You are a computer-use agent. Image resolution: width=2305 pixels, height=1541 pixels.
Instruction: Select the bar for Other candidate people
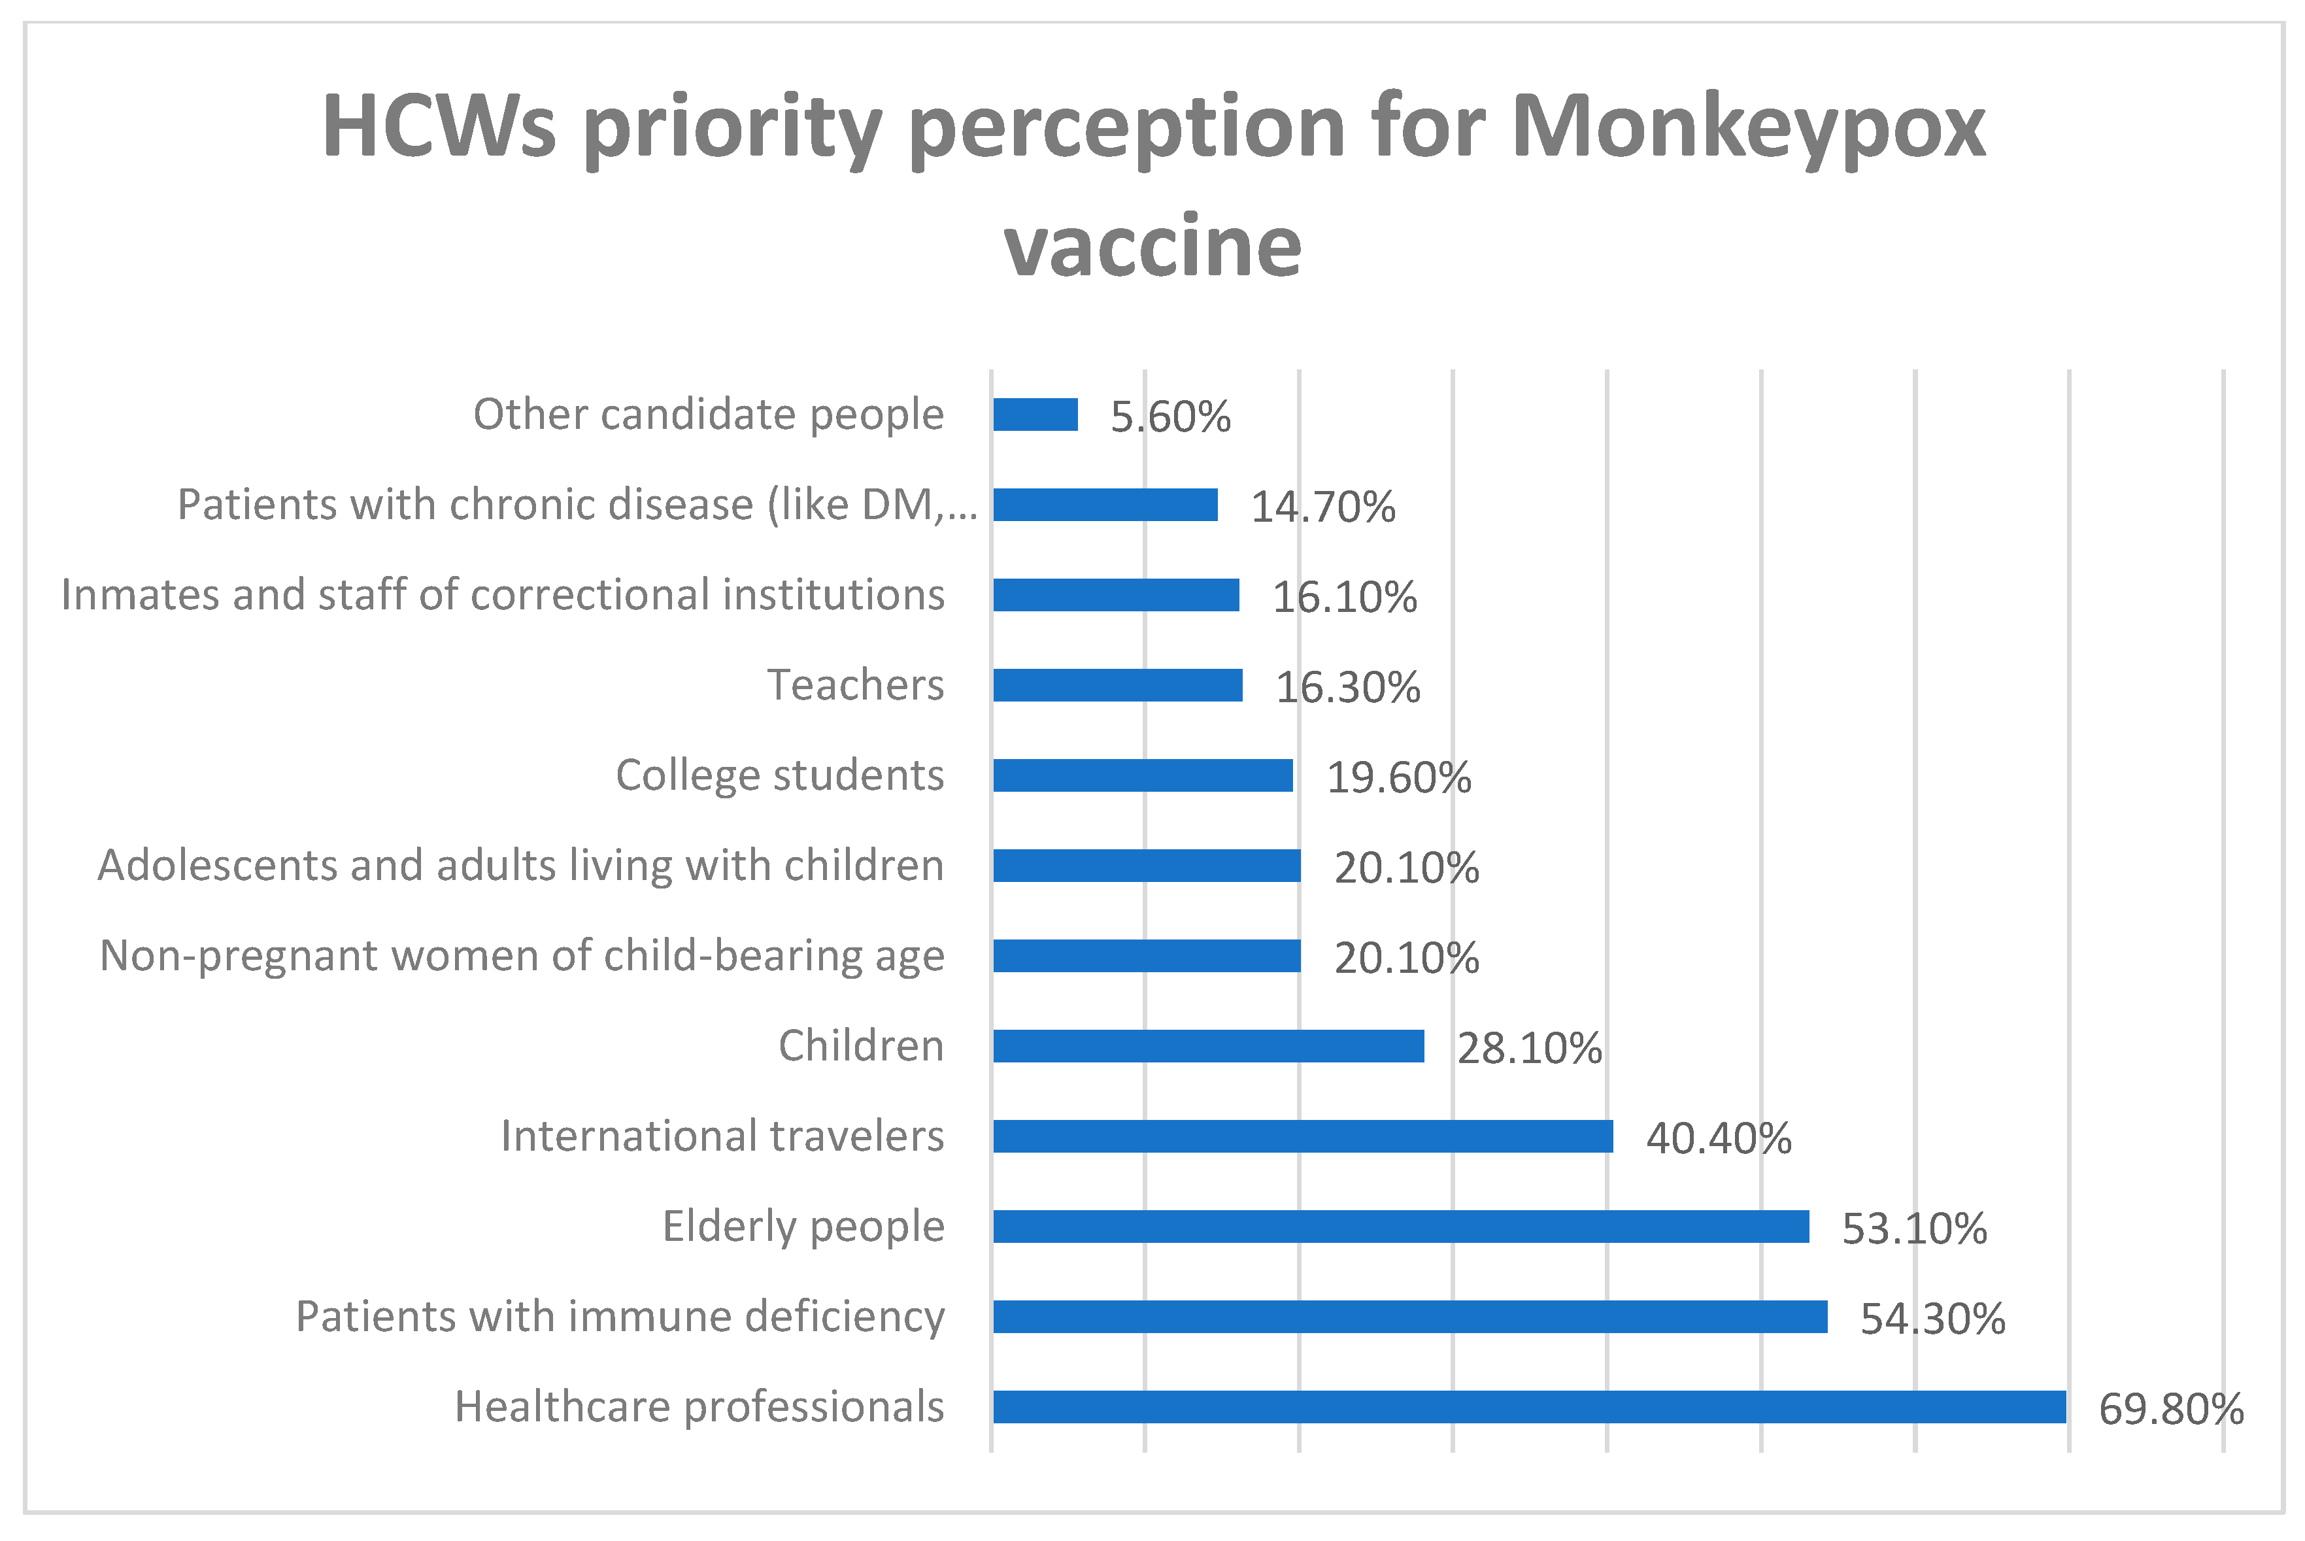(1035, 415)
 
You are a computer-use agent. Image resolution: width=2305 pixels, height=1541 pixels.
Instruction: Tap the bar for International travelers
(1302, 1136)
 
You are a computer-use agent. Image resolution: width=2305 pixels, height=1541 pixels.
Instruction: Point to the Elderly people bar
(1400, 1227)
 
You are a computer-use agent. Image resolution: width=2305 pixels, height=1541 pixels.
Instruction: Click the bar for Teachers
(1117, 685)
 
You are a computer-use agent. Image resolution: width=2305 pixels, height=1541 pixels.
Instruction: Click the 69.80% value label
(2170, 1410)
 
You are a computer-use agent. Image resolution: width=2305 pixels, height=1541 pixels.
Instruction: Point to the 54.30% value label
(1932, 1319)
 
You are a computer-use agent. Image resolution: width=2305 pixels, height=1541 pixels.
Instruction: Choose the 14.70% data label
(1322, 508)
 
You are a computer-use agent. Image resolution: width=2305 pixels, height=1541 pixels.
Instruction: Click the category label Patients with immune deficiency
(620, 1317)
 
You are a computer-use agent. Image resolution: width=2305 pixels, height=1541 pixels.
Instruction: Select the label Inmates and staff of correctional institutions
(502, 594)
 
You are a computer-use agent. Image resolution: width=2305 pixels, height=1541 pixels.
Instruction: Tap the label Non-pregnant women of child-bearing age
(522, 957)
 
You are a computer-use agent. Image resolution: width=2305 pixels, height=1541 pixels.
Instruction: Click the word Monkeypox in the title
(1748, 127)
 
